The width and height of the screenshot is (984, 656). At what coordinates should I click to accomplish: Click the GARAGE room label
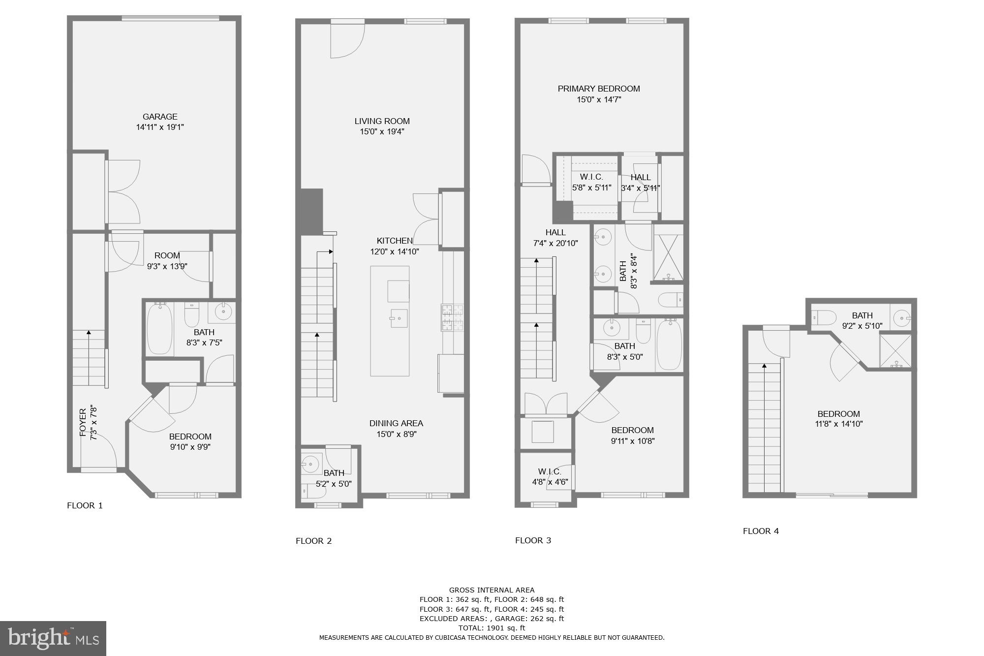(x=160, y=117)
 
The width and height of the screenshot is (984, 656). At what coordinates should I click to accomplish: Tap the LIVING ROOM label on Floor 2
(x=382, y=121)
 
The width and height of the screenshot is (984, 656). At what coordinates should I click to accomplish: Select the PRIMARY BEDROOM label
(x=599, y=89)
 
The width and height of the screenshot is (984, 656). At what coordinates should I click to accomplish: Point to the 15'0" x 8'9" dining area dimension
(x=396, y=434)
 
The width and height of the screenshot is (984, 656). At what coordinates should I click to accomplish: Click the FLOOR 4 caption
(x=761, y=531)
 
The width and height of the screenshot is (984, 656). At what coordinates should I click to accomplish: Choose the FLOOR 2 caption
(x=313, y=541)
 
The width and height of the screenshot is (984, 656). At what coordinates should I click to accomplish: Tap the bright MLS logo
(x=53, y=638)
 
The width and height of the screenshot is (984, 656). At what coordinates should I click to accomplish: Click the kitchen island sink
(x=398, y=318)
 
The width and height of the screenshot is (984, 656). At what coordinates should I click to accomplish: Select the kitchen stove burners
(x=452, y=317)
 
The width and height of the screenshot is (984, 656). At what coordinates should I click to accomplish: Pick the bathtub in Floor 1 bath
(x=159, y=328)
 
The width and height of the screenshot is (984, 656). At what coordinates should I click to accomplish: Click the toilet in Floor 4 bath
(x=824, y=317)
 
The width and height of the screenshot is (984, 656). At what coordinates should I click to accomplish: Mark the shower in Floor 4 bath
(x=895, y=351)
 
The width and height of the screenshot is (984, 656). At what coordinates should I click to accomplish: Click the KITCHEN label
(x=395, y=241)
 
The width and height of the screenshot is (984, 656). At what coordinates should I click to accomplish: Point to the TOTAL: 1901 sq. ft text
(x=492, y=628)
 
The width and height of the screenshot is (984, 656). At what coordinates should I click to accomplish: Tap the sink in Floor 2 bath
(x=310, y=463)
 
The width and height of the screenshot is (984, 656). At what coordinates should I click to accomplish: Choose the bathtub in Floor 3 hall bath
(x=669, y=344)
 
